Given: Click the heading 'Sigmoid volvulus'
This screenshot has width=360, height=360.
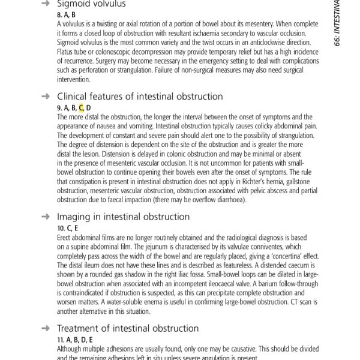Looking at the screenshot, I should [x=91, y=4].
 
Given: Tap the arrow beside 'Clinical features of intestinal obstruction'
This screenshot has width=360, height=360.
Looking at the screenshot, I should [x=45, y=96].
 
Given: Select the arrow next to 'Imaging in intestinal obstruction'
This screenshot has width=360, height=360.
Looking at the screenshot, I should [x=45, y=217].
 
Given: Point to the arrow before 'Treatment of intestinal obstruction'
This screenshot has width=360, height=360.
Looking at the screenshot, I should [x=45, y=328].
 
